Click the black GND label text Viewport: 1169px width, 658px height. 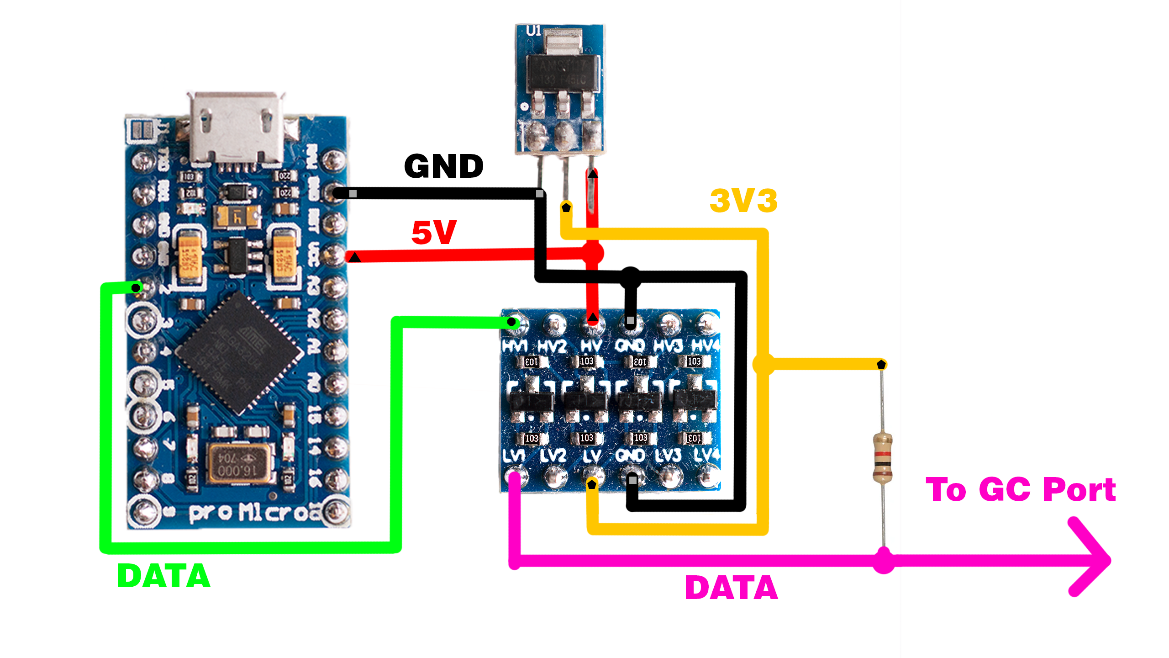pyautogui.click(x=443, y=166)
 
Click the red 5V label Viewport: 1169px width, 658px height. pyautogui.click(x=433, y=232)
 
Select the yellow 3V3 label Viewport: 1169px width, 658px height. pyautogui.click(x=743, y=201)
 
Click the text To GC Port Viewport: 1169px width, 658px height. pyautogui.click(x=1020, y=490)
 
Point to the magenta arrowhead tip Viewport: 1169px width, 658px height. pyautogui.click(x=1107, y=560)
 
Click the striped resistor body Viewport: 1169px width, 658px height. pyautogui.click(x=882, y=457)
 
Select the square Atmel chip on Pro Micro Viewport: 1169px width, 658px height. pyautogui.click(x=239, y=352)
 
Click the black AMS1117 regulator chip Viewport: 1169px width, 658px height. pyautogui.click(x=562, y=72)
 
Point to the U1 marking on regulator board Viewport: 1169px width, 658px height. pyautogui.click(x=534, y=31)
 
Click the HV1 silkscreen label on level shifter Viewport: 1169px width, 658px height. pyautogui.click(x=515, y=346)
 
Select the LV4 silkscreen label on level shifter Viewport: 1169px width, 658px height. pyautogui.click(x=706, y=455)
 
